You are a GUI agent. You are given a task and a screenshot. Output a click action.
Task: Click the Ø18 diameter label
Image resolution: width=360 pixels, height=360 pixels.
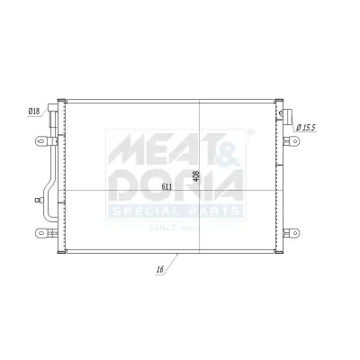[34, 111]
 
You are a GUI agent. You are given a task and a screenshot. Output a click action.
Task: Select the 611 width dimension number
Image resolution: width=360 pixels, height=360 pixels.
[166, 186]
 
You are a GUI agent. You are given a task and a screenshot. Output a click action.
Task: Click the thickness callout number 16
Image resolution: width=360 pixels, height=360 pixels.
[158, 269]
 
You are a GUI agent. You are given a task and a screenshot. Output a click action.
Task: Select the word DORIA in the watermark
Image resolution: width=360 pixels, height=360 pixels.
[175, 186]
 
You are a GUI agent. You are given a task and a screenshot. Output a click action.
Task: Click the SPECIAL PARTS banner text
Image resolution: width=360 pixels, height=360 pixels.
[175, 211]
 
